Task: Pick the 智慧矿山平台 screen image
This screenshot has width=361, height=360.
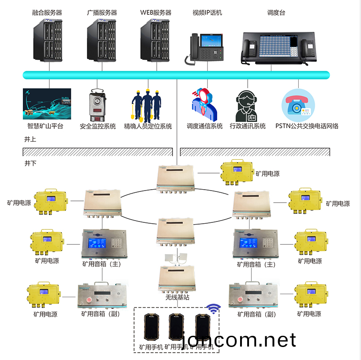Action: coord(47,104)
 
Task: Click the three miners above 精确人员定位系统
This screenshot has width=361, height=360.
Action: coord(146,105)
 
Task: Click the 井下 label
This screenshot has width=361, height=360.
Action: coord(30,163)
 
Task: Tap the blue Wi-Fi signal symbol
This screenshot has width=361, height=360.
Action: coord(214,309)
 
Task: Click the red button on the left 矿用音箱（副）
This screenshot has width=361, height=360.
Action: coord(88,299)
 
